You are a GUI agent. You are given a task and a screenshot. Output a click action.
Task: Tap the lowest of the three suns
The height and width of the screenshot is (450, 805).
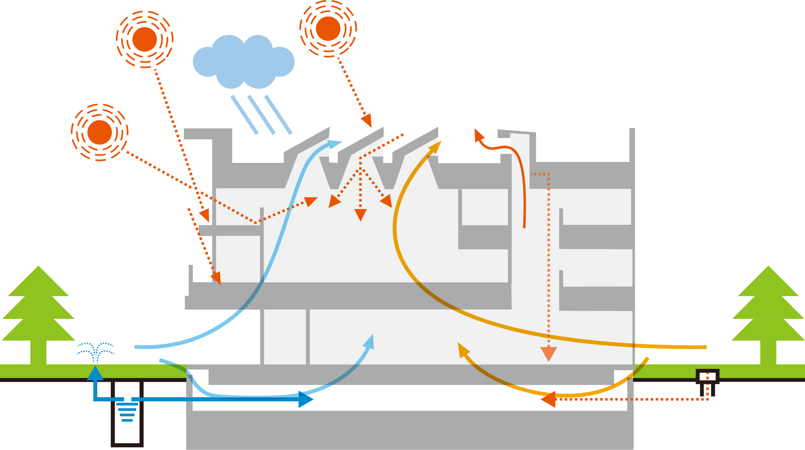[x=99, y=132]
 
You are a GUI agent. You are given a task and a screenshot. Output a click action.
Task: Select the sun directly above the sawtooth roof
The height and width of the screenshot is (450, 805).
[x=328, y=29]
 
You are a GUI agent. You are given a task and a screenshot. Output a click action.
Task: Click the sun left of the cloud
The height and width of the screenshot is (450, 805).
[x=145, y=39]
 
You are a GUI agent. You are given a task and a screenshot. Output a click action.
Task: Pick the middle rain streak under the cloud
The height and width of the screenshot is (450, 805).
[x=261, y=115]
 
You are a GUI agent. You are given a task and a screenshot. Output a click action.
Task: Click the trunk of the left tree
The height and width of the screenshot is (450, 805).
[x=38, y=352]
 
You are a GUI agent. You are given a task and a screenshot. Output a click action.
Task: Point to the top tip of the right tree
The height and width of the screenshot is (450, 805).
[x=769, y=267]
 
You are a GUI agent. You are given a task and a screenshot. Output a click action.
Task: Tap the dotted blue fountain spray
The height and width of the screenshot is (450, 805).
[x=95, y=352]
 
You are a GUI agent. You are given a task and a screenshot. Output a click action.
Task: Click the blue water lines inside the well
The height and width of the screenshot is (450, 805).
[x=127, y=412]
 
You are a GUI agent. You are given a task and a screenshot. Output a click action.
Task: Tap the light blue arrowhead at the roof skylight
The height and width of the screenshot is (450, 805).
[x=335, y=143]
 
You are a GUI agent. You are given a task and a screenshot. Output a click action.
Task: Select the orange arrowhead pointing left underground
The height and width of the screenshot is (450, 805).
[x=549, y=399]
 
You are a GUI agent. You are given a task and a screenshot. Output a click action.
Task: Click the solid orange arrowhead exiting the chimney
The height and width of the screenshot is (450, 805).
[x=479, y=135]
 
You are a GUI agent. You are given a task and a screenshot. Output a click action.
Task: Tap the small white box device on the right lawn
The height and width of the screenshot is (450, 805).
[x=707, y=376]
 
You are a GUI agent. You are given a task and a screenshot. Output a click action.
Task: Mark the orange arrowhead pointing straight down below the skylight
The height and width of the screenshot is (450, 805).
[x=360, y=214]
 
